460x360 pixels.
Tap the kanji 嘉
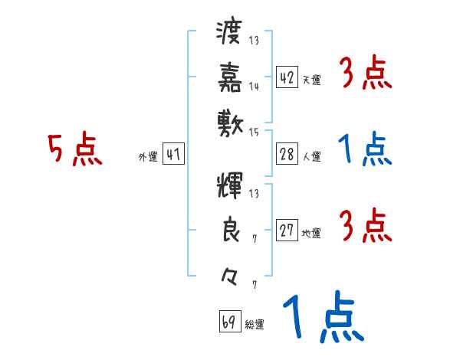click(x=229, y=77)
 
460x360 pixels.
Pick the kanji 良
click(x=229, y=231)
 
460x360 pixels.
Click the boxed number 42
click(x=287, y=78)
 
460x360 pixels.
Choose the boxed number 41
click(x=173, y=155)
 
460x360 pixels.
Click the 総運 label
click(x=255, y=325)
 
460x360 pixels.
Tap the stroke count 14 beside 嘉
click(x=254, y=87)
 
